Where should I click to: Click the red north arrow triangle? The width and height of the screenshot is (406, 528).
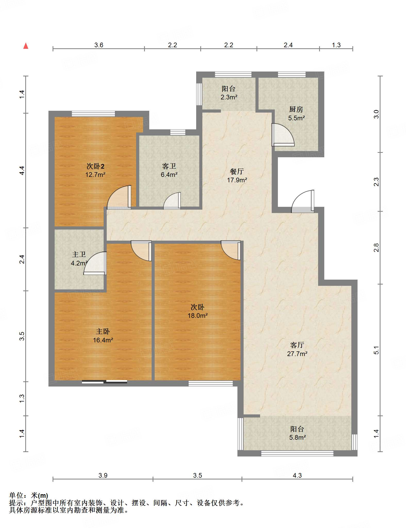click(x=26, y=46)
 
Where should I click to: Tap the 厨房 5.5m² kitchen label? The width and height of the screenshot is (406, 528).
click(x=296, y=114)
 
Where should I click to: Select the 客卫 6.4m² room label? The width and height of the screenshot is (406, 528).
click(x=169, y=170)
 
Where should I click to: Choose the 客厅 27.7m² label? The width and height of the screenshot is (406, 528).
click(x=297, y=349)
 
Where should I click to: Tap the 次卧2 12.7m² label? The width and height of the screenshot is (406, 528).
click(x=95, y=170)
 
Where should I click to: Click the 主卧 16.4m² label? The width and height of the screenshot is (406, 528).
click(x=103, y=336)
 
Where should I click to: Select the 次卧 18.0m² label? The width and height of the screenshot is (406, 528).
click(x=197, y=311)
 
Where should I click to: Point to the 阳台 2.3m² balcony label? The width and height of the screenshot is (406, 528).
click(x=229, y=93)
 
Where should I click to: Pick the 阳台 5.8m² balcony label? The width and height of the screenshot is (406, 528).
click(x=297, y=433)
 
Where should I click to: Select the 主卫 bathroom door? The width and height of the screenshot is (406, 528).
click(x=95, y=263)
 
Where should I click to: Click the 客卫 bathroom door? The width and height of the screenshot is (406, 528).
click(x=172, y=201)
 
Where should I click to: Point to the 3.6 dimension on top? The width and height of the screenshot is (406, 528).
click(x=99, y=45)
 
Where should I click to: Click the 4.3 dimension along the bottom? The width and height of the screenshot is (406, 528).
click(x=297, y=475)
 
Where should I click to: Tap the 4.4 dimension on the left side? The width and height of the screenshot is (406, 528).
click(x=22, y=170)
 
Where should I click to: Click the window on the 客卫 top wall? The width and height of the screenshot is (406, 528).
click(x=178, y=132)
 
